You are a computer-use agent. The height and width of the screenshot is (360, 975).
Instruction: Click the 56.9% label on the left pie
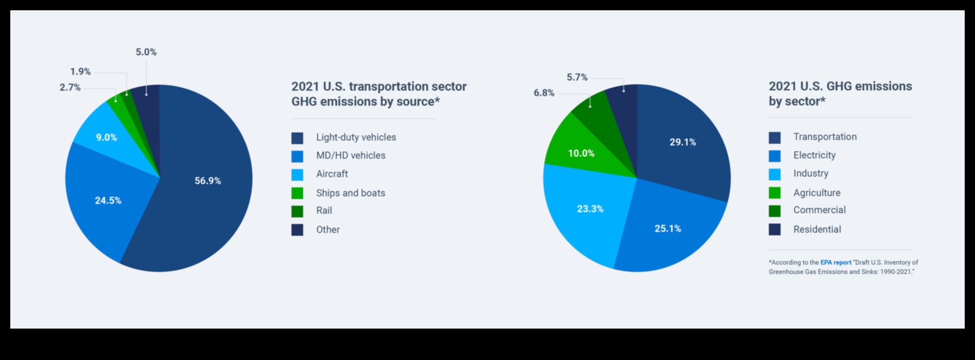[207, 181]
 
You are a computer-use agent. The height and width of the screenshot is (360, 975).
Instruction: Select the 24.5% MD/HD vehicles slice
[108, 200]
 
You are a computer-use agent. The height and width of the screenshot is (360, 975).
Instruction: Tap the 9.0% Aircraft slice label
[107, 138]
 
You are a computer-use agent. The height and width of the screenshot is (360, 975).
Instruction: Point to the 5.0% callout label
[146, 52]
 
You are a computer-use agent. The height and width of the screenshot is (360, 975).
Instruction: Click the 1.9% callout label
[80, 72]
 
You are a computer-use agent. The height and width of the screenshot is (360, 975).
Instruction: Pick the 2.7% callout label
[70, 88]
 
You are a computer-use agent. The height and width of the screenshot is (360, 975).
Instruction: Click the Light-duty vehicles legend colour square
[297, 138]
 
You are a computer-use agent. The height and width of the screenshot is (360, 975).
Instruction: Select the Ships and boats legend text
[351, 193]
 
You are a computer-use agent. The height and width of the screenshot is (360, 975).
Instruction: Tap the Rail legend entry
[324, 211]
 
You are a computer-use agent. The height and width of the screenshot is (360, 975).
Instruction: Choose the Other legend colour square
[297, 230]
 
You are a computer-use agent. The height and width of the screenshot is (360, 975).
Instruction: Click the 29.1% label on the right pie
[683, 142]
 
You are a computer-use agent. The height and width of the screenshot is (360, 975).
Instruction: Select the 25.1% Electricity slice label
[668, 229]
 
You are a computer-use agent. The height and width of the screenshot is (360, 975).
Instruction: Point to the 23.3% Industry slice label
[590, 209]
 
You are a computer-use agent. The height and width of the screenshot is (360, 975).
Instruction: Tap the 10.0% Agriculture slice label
[581, 153]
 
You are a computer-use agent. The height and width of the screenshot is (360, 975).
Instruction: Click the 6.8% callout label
[544, 93]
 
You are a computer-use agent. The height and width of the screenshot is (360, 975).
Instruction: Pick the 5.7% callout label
[577, 77]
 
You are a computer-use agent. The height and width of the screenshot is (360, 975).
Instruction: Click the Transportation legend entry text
[825, 137]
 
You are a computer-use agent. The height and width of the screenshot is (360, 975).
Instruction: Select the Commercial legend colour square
[774, 211]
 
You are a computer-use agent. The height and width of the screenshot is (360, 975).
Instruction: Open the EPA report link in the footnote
[835, 263]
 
